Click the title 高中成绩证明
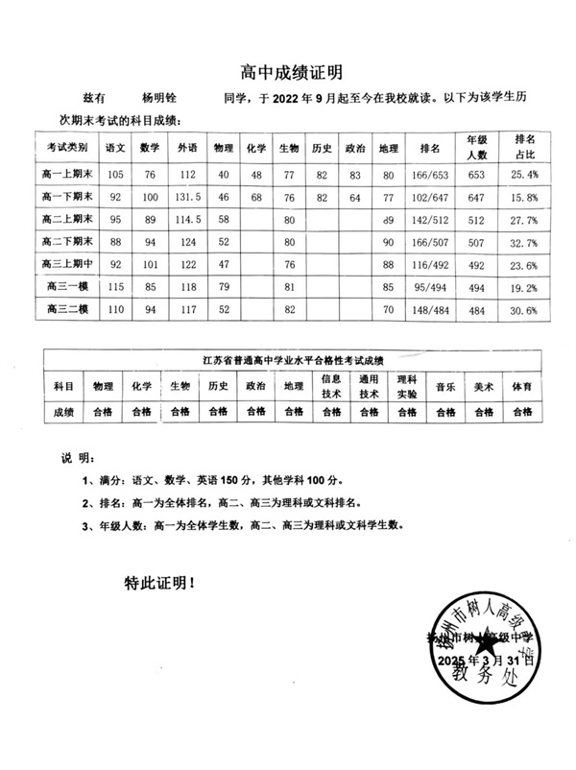pos(289,71)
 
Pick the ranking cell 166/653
pos(429,175)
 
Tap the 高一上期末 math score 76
pos(150,175)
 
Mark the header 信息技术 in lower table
pos(330,386)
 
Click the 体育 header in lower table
pos(521,386)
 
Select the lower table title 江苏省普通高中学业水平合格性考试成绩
pos(287,360)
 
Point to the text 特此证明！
pos(159,582)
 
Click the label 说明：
pos(76,458)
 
